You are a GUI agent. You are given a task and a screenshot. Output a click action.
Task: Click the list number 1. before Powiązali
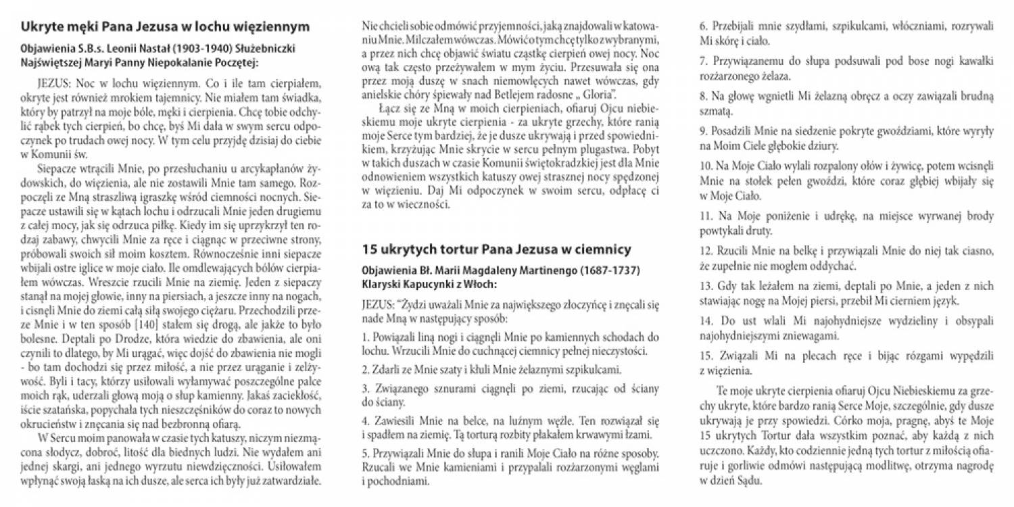[x=366, y=336]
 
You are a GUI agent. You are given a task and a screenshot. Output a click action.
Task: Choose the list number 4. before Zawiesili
[x=366, y=419]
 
